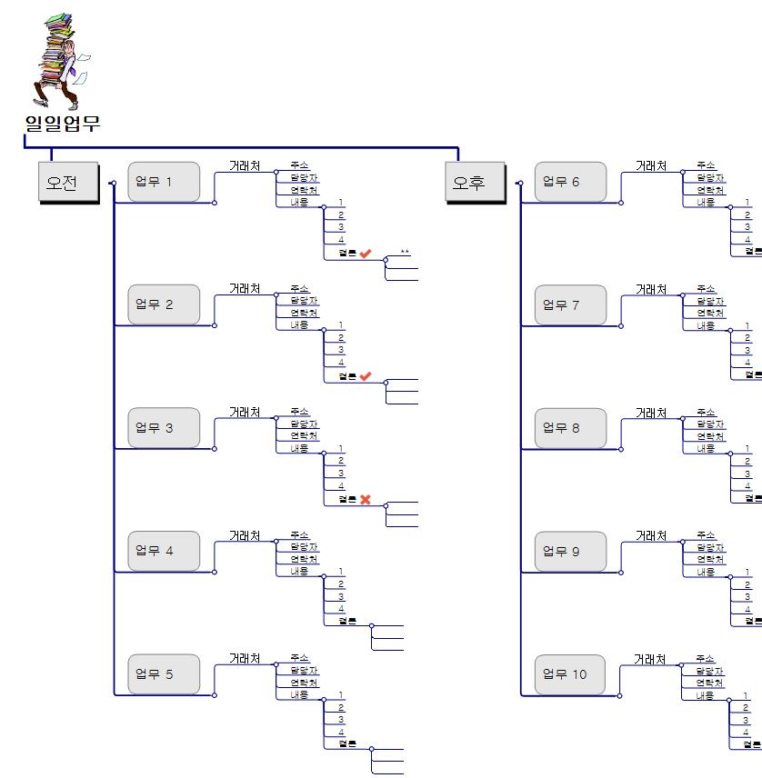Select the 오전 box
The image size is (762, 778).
point(68,183)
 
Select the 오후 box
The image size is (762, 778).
point(475,183)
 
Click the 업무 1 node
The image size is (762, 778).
point(164,182)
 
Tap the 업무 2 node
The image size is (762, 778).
point(164,304)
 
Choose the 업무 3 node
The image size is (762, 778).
point(164,428)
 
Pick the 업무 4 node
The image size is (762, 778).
point(164,551)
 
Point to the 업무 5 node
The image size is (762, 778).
point(164,673)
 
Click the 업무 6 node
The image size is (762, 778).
point(570,182)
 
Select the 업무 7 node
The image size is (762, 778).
point(570,304)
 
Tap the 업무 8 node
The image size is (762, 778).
point(570,428)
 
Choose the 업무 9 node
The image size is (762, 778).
point(570,551)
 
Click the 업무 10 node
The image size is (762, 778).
point(570,673)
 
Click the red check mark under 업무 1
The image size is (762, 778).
point(366,254)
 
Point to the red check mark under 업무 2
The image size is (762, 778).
point(366,376)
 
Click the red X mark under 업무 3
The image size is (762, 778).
point(366,499)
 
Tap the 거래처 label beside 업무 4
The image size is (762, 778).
point(245,535)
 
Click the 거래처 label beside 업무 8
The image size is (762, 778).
point(651,413)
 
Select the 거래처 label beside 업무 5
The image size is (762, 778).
point(245,658)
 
